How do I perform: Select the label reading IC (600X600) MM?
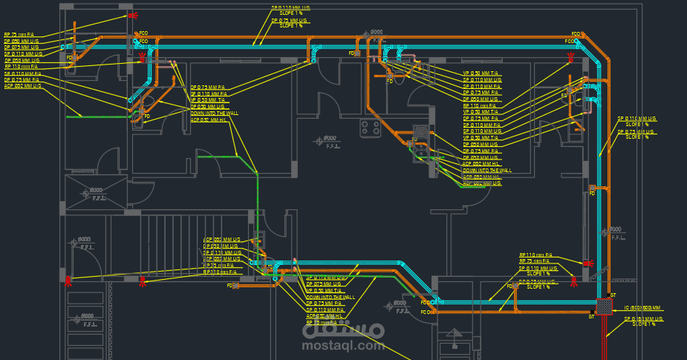point(642,307)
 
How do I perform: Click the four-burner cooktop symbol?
point(370,127)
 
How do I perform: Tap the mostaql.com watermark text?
point(343,345)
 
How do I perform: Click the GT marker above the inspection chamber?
point(613,295)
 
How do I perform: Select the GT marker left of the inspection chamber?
point(591,317)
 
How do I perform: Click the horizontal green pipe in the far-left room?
point(82,116)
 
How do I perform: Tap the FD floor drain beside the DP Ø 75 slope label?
point(510,285)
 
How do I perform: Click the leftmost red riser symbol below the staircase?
point(68,281)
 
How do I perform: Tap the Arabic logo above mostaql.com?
point(343,328)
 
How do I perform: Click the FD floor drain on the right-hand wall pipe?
point(591,188)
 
